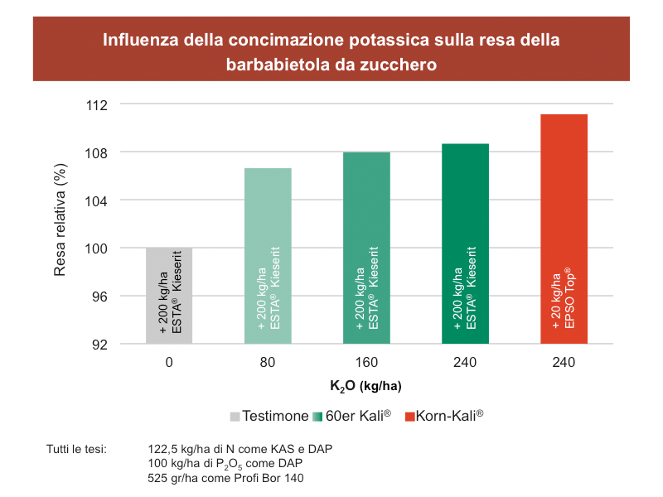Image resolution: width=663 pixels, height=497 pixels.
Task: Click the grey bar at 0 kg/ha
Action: tap(169, 296)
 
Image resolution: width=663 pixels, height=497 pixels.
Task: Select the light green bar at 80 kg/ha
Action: tap(268, 256)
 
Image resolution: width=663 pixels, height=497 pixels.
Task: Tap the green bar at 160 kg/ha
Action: tap(366, 248)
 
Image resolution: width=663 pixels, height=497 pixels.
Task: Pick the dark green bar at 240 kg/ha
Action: tap(465, 244)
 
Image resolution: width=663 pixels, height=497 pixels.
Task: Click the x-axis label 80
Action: tap(268, 363)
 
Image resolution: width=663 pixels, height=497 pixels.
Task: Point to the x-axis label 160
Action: tap(366, 363)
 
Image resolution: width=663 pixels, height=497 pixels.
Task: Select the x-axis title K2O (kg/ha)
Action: tap(365, 386)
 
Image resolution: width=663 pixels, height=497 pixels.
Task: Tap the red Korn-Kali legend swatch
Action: tap(409, 415)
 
